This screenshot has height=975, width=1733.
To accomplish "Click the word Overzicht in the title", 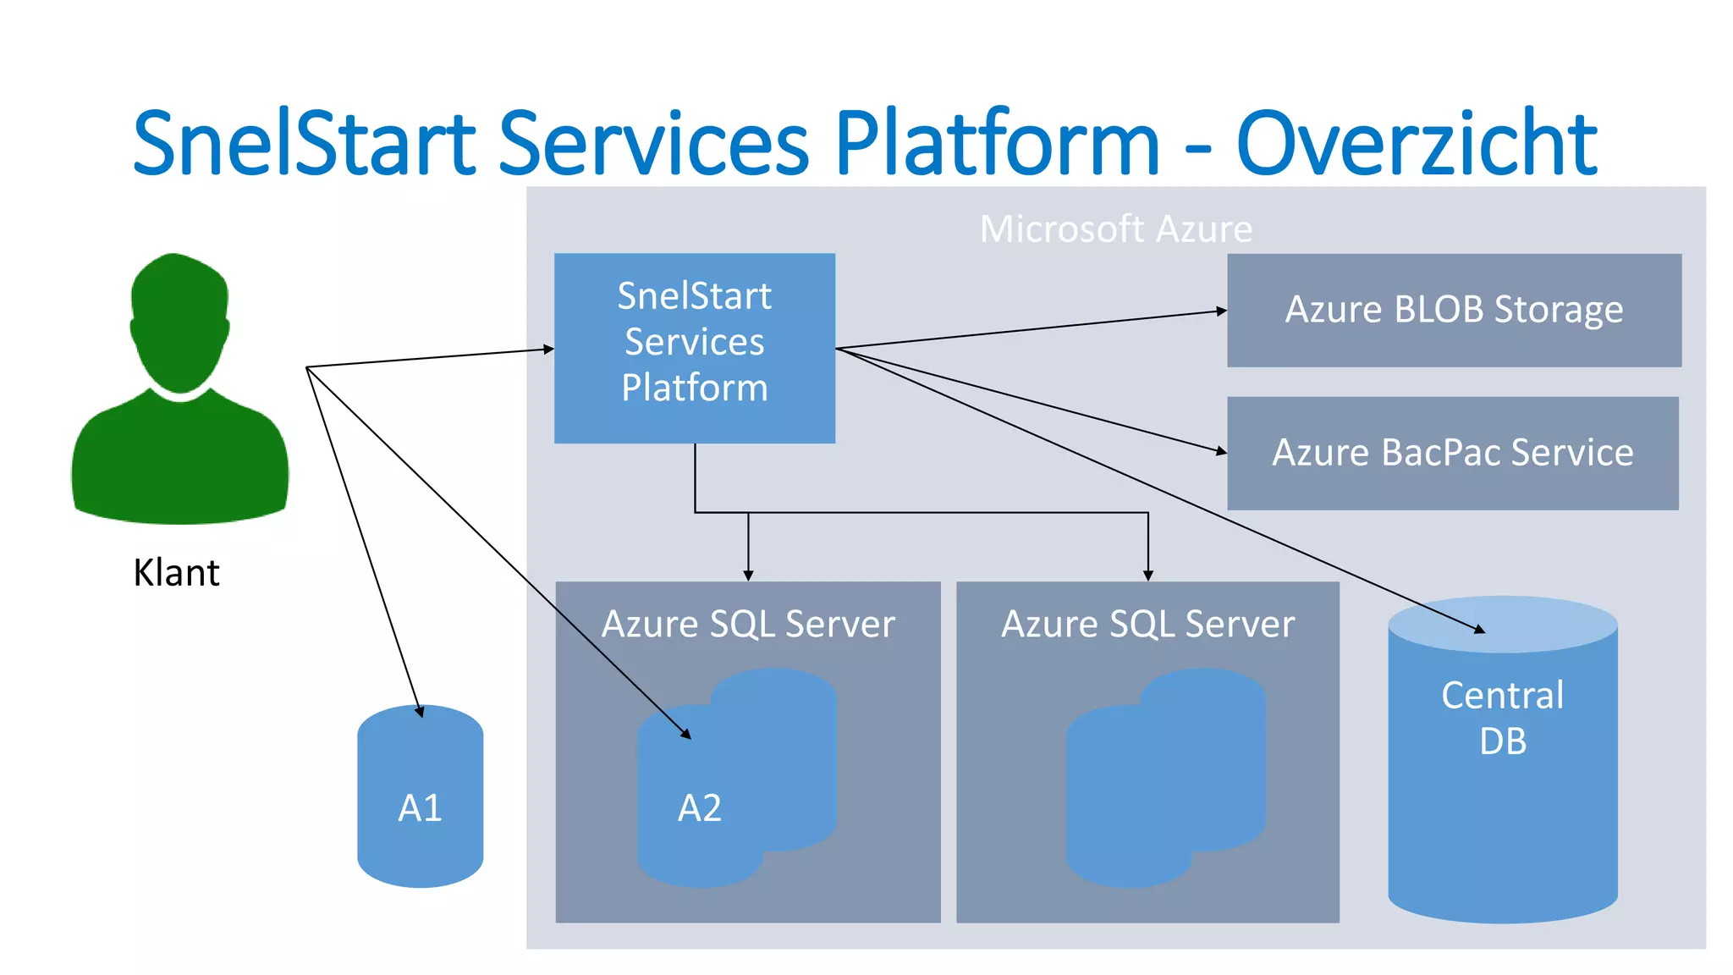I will click(1416, 144).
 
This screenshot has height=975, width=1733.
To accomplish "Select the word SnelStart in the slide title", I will click(305, 144).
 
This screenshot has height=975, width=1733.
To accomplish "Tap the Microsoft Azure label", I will click(1115, 229).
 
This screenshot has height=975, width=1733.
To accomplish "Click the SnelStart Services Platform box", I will click(694, 347).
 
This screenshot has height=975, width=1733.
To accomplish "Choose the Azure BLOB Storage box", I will click(1454, 310).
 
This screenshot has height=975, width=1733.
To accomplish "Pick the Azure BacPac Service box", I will click(1452, 453).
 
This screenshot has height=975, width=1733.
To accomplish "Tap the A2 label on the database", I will click(699, 808).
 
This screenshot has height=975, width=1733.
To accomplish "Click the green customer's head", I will click(179, 322).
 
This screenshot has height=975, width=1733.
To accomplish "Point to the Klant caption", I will click(176, 573).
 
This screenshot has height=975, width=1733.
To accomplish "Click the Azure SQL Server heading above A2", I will click(748, 625).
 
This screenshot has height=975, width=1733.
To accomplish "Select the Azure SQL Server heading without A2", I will click(1147, 625).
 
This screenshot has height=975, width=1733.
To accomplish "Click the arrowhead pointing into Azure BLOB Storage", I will click(1222, 311).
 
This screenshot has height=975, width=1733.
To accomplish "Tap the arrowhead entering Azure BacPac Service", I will click(1222, 452).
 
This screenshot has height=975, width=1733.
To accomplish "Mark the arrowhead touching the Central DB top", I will click(1480, 630).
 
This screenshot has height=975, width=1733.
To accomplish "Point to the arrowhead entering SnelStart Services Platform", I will click(549, 349).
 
